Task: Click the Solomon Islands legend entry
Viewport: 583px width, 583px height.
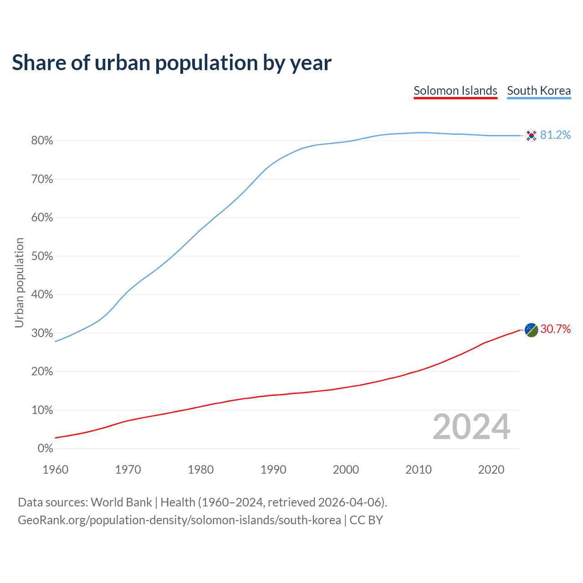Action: pos(455,91)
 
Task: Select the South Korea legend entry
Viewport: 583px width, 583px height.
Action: pos(539,91)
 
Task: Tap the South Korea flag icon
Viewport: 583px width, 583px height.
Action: pos(531,135)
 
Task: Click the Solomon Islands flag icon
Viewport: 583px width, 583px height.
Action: pos(531,329)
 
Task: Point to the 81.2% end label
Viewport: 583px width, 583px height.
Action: pos(555,135)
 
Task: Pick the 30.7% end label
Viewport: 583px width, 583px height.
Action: pos(555,329)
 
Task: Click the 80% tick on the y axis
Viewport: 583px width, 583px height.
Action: pos(42,141)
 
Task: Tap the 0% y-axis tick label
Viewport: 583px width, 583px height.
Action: pos(45,449)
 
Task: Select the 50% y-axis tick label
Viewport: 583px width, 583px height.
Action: pos(42,256)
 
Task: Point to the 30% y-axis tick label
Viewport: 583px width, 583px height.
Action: pos(42,333)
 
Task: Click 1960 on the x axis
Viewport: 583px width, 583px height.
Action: pos(55,470)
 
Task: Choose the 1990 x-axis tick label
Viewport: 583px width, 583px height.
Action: pos(273,470)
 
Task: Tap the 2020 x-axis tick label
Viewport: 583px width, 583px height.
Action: pos(491,470)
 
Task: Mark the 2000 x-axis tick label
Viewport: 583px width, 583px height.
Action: pos(346,470)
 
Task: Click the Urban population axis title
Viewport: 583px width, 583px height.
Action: pos(19,283)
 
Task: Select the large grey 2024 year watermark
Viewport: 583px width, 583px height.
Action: pos(471,427)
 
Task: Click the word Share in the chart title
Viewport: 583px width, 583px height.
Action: pos(38,62)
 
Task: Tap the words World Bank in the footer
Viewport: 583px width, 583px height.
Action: pos(121,502)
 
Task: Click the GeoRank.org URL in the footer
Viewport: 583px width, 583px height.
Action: pos(179,520)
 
